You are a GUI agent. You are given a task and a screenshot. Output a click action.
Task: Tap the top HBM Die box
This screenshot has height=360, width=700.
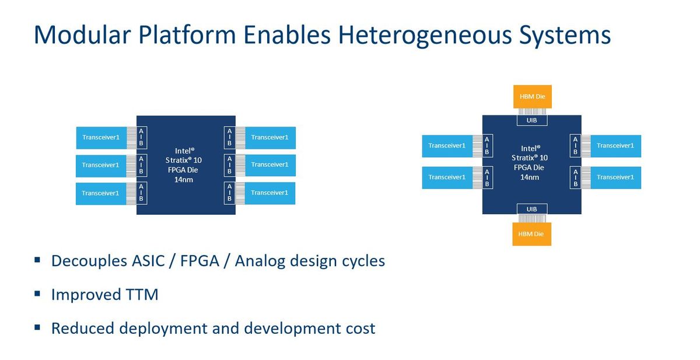531,96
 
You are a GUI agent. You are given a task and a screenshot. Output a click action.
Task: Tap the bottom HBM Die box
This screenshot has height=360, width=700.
531,234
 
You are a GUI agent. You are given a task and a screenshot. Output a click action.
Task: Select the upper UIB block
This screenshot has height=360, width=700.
531,120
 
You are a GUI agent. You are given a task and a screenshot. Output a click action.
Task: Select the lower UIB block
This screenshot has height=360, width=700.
531,209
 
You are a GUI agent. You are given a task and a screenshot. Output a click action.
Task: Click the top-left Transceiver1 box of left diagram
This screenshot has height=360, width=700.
100,138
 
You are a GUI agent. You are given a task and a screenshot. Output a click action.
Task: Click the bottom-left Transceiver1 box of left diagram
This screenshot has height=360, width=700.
100,193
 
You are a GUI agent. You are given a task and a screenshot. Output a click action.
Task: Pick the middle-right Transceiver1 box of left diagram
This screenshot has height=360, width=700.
269,165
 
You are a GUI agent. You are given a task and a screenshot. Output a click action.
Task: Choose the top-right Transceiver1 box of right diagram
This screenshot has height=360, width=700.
615,146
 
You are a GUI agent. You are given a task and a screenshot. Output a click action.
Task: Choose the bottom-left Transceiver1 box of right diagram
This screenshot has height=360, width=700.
447,177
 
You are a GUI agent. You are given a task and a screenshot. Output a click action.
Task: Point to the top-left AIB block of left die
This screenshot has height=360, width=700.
141,138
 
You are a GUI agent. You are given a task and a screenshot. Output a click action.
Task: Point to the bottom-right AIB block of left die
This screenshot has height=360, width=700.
229,193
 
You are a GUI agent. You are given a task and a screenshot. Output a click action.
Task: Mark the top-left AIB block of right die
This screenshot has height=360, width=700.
487,146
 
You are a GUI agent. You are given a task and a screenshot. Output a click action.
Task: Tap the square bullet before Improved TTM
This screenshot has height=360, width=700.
37,293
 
